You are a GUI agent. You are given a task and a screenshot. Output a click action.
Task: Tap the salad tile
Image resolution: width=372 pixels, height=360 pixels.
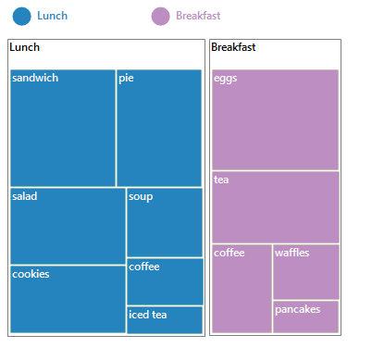coord(68,226)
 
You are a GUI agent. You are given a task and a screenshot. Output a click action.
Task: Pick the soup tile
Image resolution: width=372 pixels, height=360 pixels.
coord(165,222)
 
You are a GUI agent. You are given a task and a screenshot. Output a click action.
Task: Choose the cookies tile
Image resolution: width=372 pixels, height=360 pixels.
coord(68,299)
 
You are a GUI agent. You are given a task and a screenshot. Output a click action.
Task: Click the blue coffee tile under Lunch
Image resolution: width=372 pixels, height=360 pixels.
coord(165,281)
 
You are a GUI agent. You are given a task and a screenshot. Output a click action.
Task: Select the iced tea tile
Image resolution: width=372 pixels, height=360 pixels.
coord(165,319)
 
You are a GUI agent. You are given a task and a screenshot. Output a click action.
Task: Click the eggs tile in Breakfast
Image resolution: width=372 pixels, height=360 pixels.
coord(275,119)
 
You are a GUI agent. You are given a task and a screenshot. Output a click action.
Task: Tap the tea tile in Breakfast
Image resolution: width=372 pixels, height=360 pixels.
coord(275,206)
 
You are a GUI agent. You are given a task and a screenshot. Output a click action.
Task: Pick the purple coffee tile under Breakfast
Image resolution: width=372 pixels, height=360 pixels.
coord(241,288)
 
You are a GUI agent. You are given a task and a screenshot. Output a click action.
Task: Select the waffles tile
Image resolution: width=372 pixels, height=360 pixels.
coord(305,271)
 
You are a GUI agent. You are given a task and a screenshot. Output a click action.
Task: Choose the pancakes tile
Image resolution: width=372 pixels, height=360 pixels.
coord(305,317)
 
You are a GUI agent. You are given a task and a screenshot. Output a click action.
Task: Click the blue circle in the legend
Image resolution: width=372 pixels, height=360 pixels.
coord(22,16)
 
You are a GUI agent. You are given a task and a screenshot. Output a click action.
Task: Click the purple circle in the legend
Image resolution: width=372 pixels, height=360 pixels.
coord(161,16)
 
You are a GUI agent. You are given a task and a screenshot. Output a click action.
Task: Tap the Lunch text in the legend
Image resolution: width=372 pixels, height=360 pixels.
coord(52,16)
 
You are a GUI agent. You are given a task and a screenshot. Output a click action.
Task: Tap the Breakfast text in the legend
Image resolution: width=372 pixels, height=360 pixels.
coord(198,16)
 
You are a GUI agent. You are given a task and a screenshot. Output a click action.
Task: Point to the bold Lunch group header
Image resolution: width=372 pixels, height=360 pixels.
coord(24,47)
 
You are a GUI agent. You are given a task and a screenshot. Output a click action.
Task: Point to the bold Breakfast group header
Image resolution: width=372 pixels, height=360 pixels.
coord(233,47)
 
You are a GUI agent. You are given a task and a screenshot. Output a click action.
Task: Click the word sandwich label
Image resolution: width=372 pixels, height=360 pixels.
coord(35,78)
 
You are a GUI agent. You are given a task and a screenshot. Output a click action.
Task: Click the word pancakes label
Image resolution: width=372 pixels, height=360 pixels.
coord(297,309)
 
